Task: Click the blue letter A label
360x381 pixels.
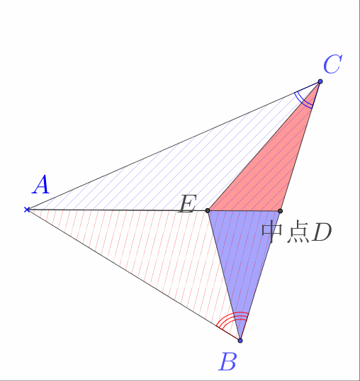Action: coord(41,185)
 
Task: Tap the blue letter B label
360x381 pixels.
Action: coord(227,362)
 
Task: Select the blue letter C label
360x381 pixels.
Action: coord(333,64)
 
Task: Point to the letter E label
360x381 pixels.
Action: coord(187,205)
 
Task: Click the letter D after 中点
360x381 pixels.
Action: coord(322,232)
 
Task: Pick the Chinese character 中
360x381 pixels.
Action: coord(272,232)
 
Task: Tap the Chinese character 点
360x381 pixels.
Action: coord(298,232)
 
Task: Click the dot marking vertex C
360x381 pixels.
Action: coord(320,81)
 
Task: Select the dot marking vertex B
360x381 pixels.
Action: coord(240,341)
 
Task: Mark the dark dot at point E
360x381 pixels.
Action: coord(208,210)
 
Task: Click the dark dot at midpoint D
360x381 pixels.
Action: coord(280,211)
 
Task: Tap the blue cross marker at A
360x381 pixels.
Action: coord(27,210)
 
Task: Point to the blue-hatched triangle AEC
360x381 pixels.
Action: coord(185,168)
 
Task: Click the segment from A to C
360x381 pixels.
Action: coord(174,145)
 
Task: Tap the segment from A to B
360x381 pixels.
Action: coord(133,275)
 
